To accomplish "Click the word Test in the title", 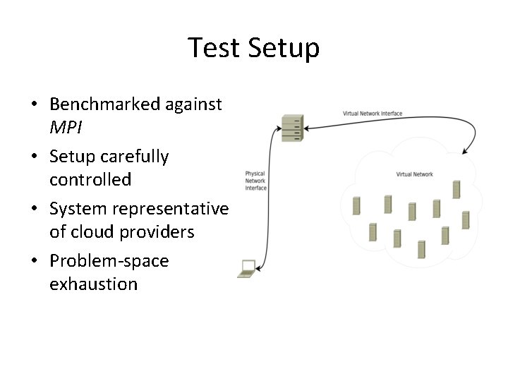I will [214, 48].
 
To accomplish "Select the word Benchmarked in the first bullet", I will [104, 104].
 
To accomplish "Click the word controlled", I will [90, 180].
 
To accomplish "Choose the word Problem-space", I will [109, 261].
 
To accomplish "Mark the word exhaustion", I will [93, 284].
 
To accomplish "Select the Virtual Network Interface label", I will [373, 114].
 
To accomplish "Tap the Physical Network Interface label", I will [255, 181].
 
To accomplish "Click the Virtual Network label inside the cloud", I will [414, 174].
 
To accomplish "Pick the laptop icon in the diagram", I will [247, 268].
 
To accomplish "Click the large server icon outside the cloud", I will [291, 128].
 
